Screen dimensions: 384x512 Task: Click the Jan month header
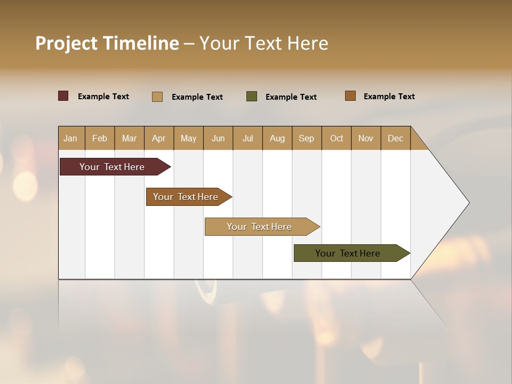[71, 138]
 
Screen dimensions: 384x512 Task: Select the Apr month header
[159, 138]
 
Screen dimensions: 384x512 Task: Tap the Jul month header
[247, 138]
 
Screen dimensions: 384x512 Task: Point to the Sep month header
[306, 138]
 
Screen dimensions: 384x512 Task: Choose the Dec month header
[395, 138]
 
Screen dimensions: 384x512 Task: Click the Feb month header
[100, 138]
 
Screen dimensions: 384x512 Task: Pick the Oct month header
[337, 138]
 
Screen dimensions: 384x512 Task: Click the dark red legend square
[63, 96]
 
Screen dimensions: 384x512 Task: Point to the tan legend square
[157, 97]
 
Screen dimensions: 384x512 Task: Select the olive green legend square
[252, 97]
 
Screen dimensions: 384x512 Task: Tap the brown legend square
[350, 96]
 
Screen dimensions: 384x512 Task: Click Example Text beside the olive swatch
[291, 97]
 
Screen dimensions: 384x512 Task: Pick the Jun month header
[218, 138]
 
